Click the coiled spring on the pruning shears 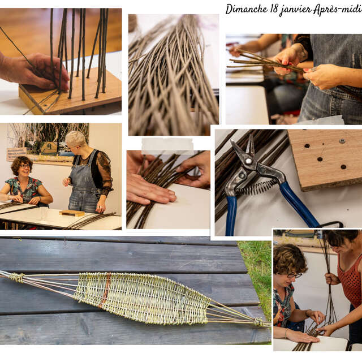[x=261, y=186]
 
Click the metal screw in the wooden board [x=342, y=141]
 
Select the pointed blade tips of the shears [x=234, y=143]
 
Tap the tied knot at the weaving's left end [x=17, y=277]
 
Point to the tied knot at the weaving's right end [x=260, y=322]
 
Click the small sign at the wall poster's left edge [x=16, y=154]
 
